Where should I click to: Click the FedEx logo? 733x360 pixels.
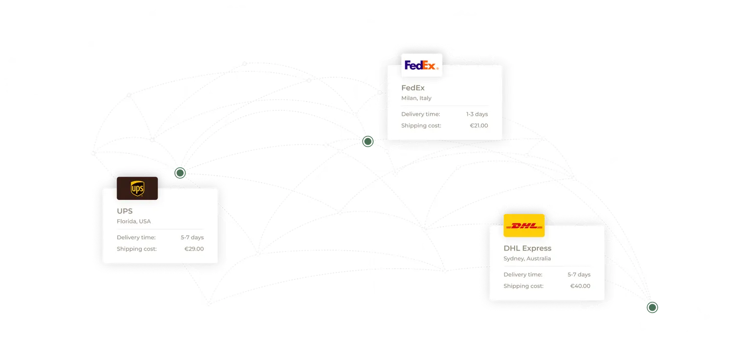[x=421, y=65]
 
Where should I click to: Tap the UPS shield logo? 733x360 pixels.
[x=137, y=189]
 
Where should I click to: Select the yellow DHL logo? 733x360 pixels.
[x=524, y=226]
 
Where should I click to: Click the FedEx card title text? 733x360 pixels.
[x=413, y=88]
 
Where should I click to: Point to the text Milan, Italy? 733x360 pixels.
[x=416, y=98]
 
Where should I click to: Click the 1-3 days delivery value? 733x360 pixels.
[x=476, y=114]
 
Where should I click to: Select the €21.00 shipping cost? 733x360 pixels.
[x=479, y=126]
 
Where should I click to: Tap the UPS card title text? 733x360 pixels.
[x=125, y=211]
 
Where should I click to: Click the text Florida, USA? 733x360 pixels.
[x=133, y=221]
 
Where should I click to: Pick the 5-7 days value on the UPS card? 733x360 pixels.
[x=192, y=237]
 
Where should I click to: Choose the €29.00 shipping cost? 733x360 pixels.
[x=194, y=249]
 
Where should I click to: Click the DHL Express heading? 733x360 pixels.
[x=527, y=248]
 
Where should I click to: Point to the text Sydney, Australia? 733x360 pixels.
[x=527, y=258]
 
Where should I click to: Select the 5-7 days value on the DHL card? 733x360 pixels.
[x=579, y=275]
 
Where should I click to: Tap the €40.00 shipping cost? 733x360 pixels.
[x=580, y=286]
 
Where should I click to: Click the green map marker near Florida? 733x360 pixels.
[x=181, y=172]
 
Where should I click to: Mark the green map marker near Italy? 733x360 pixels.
[x=367, y=142]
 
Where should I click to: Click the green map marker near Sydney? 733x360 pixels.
[x=652, y=307]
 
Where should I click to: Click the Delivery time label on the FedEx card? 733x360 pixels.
[x=421, y=114]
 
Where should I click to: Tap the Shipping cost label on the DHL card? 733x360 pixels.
[x=523, y=286]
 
